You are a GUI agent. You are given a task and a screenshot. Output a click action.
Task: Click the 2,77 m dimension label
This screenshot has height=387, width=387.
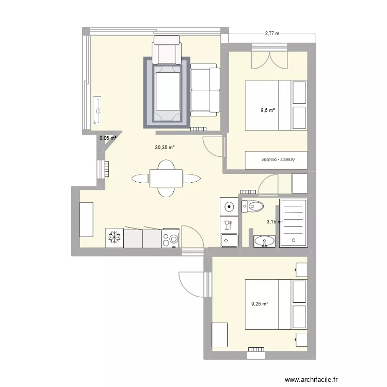pos(271,34)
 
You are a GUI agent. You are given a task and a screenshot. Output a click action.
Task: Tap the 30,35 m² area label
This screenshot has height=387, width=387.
pos(165,147)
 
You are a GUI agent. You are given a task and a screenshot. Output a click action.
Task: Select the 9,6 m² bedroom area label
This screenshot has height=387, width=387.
pos(268,110)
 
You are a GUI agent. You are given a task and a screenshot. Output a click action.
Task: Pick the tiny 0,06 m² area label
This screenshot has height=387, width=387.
pos(107,138)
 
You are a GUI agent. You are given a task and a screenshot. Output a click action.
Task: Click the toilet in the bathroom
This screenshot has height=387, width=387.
pos(252,207)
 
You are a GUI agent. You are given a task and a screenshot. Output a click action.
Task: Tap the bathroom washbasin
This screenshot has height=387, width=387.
pos(265,241)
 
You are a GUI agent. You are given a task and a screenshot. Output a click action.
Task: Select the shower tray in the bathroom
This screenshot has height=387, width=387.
pos(293,223)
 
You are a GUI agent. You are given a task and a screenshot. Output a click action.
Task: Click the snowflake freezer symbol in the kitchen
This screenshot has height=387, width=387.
pos(114,238)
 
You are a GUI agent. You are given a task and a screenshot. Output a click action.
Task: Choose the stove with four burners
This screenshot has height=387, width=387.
pos(171,238)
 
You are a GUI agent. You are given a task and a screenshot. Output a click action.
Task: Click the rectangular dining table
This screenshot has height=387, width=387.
pos(166,179)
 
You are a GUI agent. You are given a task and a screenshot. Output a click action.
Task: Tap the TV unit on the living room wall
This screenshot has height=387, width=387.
pos(96,110)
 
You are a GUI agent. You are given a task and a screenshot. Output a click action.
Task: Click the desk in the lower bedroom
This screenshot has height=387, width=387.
pos(220,335)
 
